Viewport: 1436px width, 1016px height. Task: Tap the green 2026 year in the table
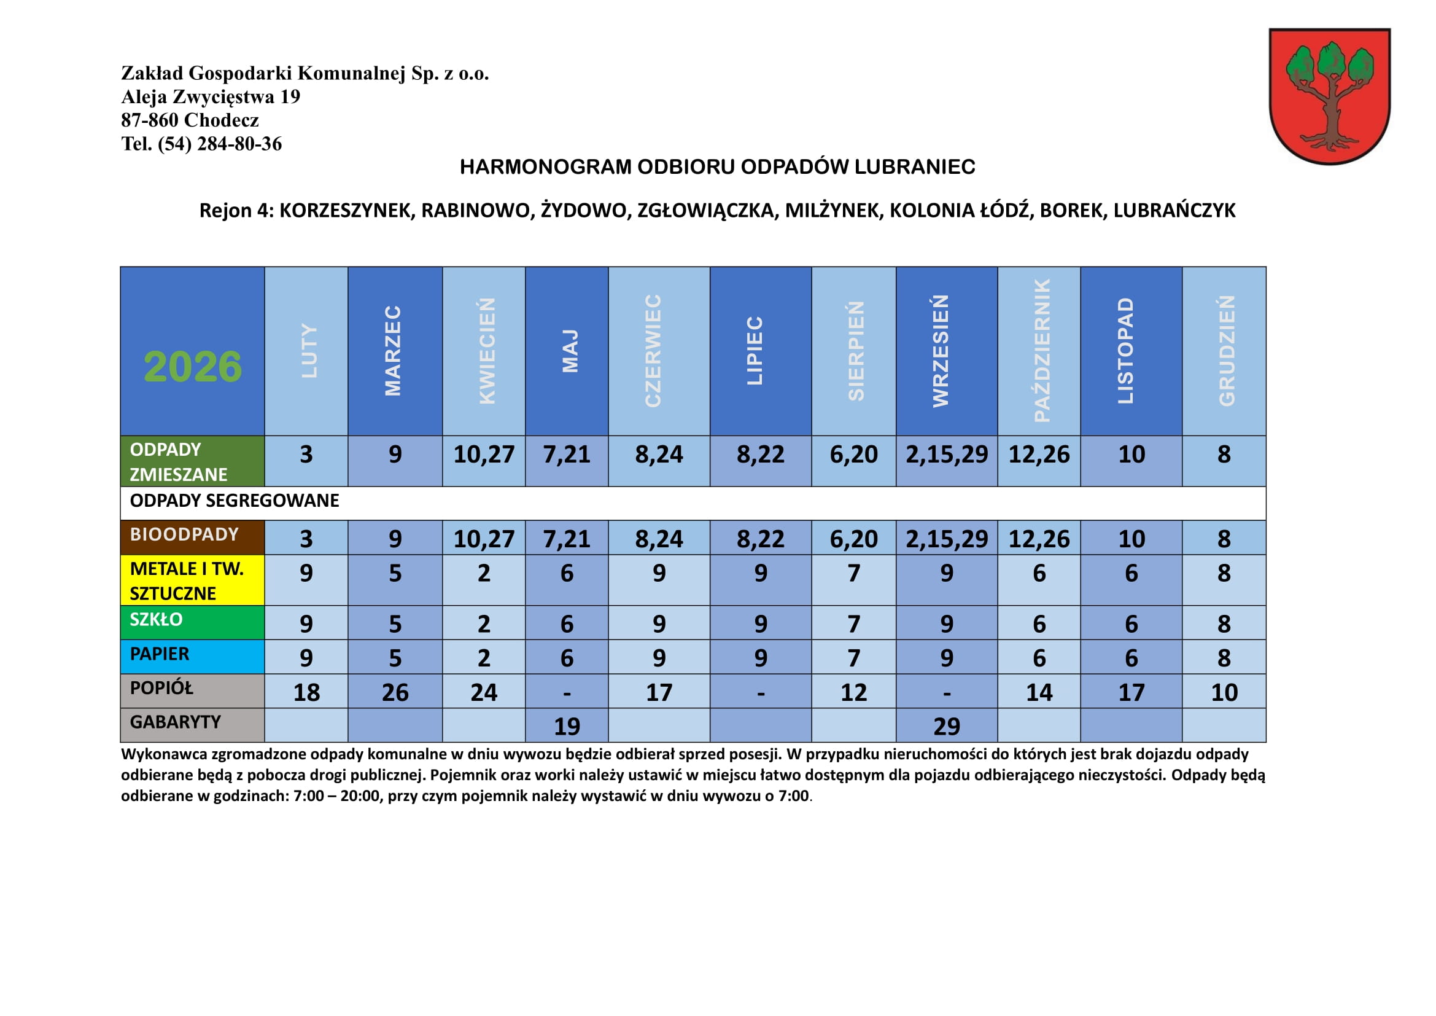click(x=193, y=367)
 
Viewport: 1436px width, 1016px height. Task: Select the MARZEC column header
click(x=394, y=350)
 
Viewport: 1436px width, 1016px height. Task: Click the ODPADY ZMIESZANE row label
click(x=192, y=462)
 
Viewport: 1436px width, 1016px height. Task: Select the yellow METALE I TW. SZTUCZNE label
click(x=192, y=580)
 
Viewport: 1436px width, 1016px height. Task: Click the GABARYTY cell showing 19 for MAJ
click(x=567, y=726)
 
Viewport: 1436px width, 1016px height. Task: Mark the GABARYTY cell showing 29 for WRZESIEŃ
click(x=946, y=726)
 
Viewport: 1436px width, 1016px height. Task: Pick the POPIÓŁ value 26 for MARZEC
click(x=395, y=692)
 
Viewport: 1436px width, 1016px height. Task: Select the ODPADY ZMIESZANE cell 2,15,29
click(x=946, y=455)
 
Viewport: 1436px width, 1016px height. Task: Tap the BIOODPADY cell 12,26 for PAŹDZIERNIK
click(x=1039, y=539)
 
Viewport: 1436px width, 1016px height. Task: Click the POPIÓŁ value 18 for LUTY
click(x=306, y=692)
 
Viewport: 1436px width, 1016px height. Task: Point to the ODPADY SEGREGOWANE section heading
click(x=235, y=501)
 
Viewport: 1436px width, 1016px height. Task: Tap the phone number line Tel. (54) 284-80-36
click(x=201, y=144)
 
